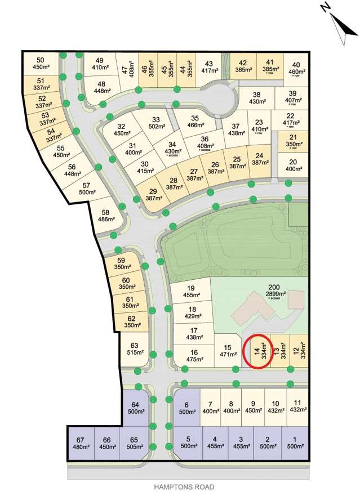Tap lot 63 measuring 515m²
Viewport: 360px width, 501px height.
pyautogui.click(x=134, y=349)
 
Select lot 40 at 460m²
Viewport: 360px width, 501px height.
pyautogui.click(x=296, y=69)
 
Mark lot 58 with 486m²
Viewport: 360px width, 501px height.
pyautogui.click(x=105, y=217)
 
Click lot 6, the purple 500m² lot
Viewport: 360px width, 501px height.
pyautogui.click(x=186, y=408)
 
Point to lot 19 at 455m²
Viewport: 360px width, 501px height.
pyautogui.click(x=190, y=291)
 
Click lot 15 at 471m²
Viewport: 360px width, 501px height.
pyautogui.click(x=227, y=352)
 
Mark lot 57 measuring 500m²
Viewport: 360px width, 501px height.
pyautogui.click(x=86, y=189)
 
